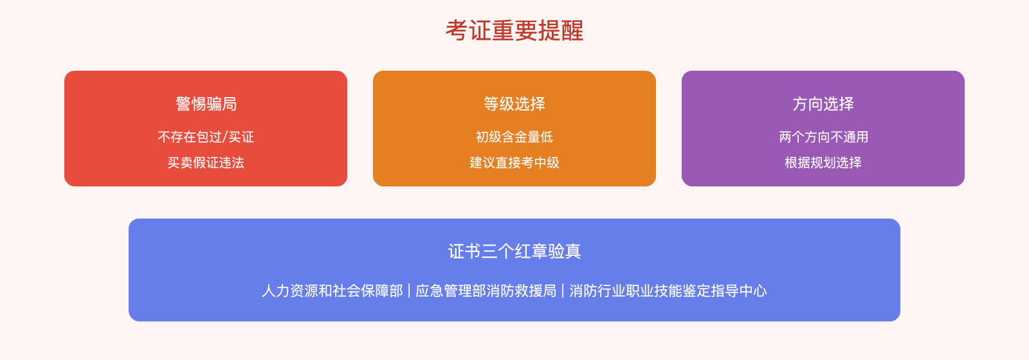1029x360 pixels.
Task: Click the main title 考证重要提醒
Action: point(514,31)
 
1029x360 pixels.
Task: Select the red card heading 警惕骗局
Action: point(206,104)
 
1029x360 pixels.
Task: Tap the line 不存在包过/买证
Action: point(206,137)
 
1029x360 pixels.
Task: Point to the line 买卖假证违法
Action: point(206,163)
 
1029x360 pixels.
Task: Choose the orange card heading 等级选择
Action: point(514,104)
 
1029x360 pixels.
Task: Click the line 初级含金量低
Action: point(514,137)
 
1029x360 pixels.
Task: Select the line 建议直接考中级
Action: point(514,163)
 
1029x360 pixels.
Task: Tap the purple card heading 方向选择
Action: point(823,104)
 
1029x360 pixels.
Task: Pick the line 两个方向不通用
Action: point(823,137)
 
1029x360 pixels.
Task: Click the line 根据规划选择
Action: point(823,163)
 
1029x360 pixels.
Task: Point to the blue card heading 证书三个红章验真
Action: point(514,251)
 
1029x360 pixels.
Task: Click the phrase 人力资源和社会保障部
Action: point(332,291)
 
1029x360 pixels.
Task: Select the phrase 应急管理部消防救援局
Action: point(486,291)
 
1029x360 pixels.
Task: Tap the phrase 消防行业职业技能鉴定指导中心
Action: point(668,291)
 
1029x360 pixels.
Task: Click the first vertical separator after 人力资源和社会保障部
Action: point(409,291)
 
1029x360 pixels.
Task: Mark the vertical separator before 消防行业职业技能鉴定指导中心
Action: point(563,291)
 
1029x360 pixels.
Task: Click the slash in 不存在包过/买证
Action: point(225,137)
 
